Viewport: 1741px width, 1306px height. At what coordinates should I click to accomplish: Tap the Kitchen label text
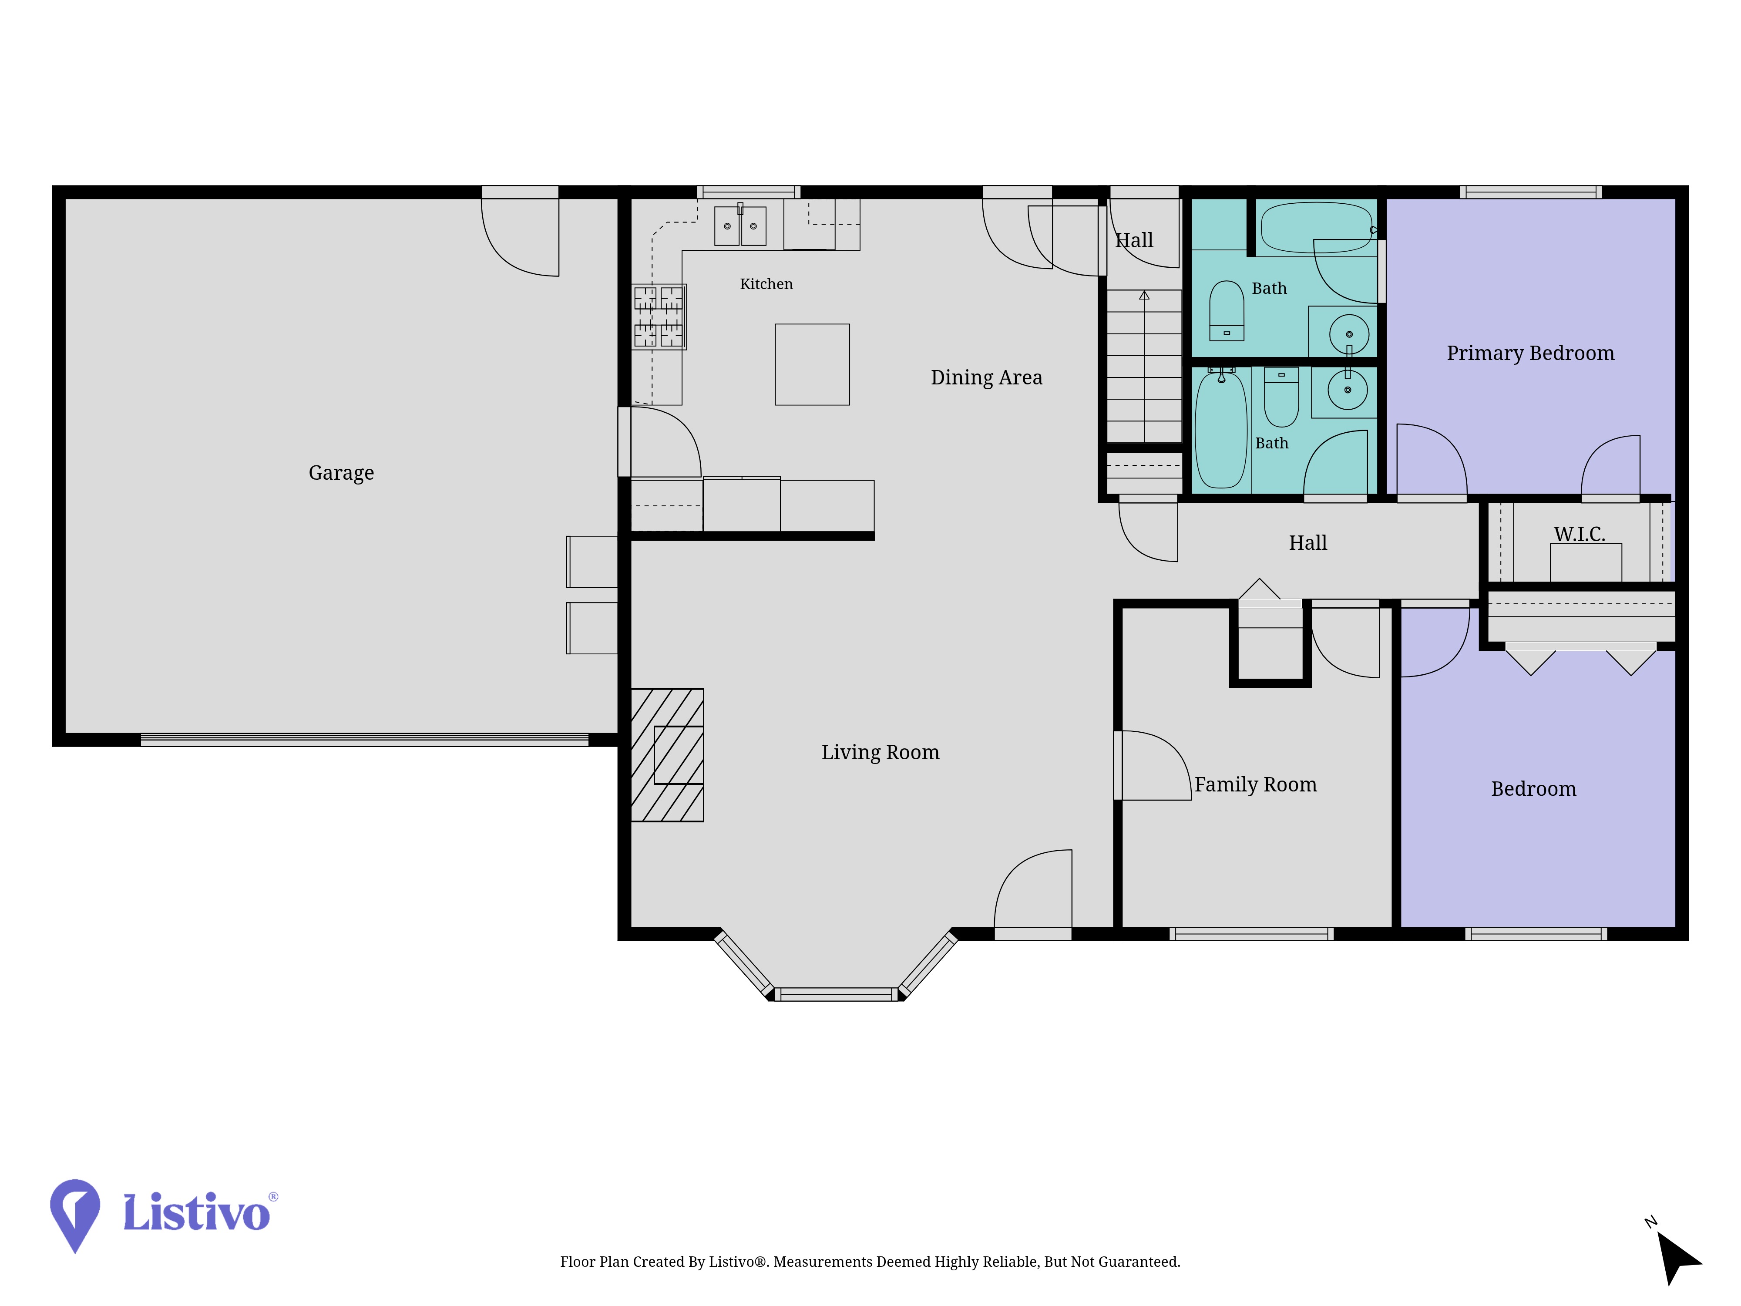[766, 284]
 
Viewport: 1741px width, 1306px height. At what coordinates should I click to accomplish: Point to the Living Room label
[880, 753]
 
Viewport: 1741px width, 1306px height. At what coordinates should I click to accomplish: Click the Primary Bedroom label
[1530, 353]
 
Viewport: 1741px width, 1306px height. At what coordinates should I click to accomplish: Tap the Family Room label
[1255, 785]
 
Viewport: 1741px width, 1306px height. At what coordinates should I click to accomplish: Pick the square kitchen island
[812, 364]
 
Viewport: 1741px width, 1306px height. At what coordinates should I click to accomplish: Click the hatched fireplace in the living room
[667, 755]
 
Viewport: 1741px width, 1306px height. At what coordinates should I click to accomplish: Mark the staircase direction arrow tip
[1144, 292]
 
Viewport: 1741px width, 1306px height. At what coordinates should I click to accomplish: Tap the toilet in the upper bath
[1226, 311]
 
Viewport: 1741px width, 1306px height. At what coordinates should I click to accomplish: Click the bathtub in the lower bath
[1221, 430]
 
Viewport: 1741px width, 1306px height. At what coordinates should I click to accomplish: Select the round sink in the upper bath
[1349, 334]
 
